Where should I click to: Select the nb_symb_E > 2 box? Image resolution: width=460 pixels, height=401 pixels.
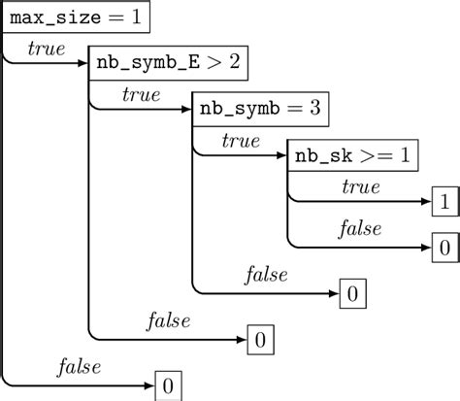pos(168,63)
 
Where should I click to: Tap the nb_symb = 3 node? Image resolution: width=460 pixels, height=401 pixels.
pos(261,109)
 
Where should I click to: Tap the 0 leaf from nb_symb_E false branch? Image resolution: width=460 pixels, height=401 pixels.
pos(259,340)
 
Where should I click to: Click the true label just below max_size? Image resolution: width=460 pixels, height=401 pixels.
pos(46,47)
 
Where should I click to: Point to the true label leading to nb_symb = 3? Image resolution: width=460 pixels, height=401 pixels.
pos(141,93)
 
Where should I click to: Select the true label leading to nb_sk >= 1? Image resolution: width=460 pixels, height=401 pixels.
pos(240,140)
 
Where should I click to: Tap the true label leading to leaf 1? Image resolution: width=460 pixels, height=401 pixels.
pos(361,185)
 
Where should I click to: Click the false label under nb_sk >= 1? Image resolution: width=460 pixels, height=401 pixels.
pos(359,230)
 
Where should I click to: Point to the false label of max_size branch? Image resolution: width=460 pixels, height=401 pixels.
pos(79,368)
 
